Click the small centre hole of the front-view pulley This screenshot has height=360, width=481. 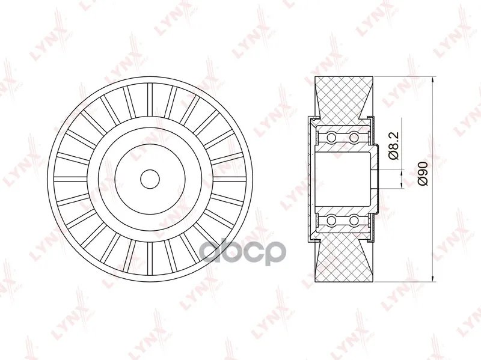[x=150, y=179]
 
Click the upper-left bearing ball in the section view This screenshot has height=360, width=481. [x=331, y=137]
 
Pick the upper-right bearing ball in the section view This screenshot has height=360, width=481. [x=354, y=137]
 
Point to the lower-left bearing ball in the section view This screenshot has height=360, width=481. [x=331, y=221]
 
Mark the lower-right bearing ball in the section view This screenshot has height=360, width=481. [x=354, y=221]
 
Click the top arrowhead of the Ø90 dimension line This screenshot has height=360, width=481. [x=432, y=80]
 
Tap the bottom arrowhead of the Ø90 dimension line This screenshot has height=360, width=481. [x=432, y=278]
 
